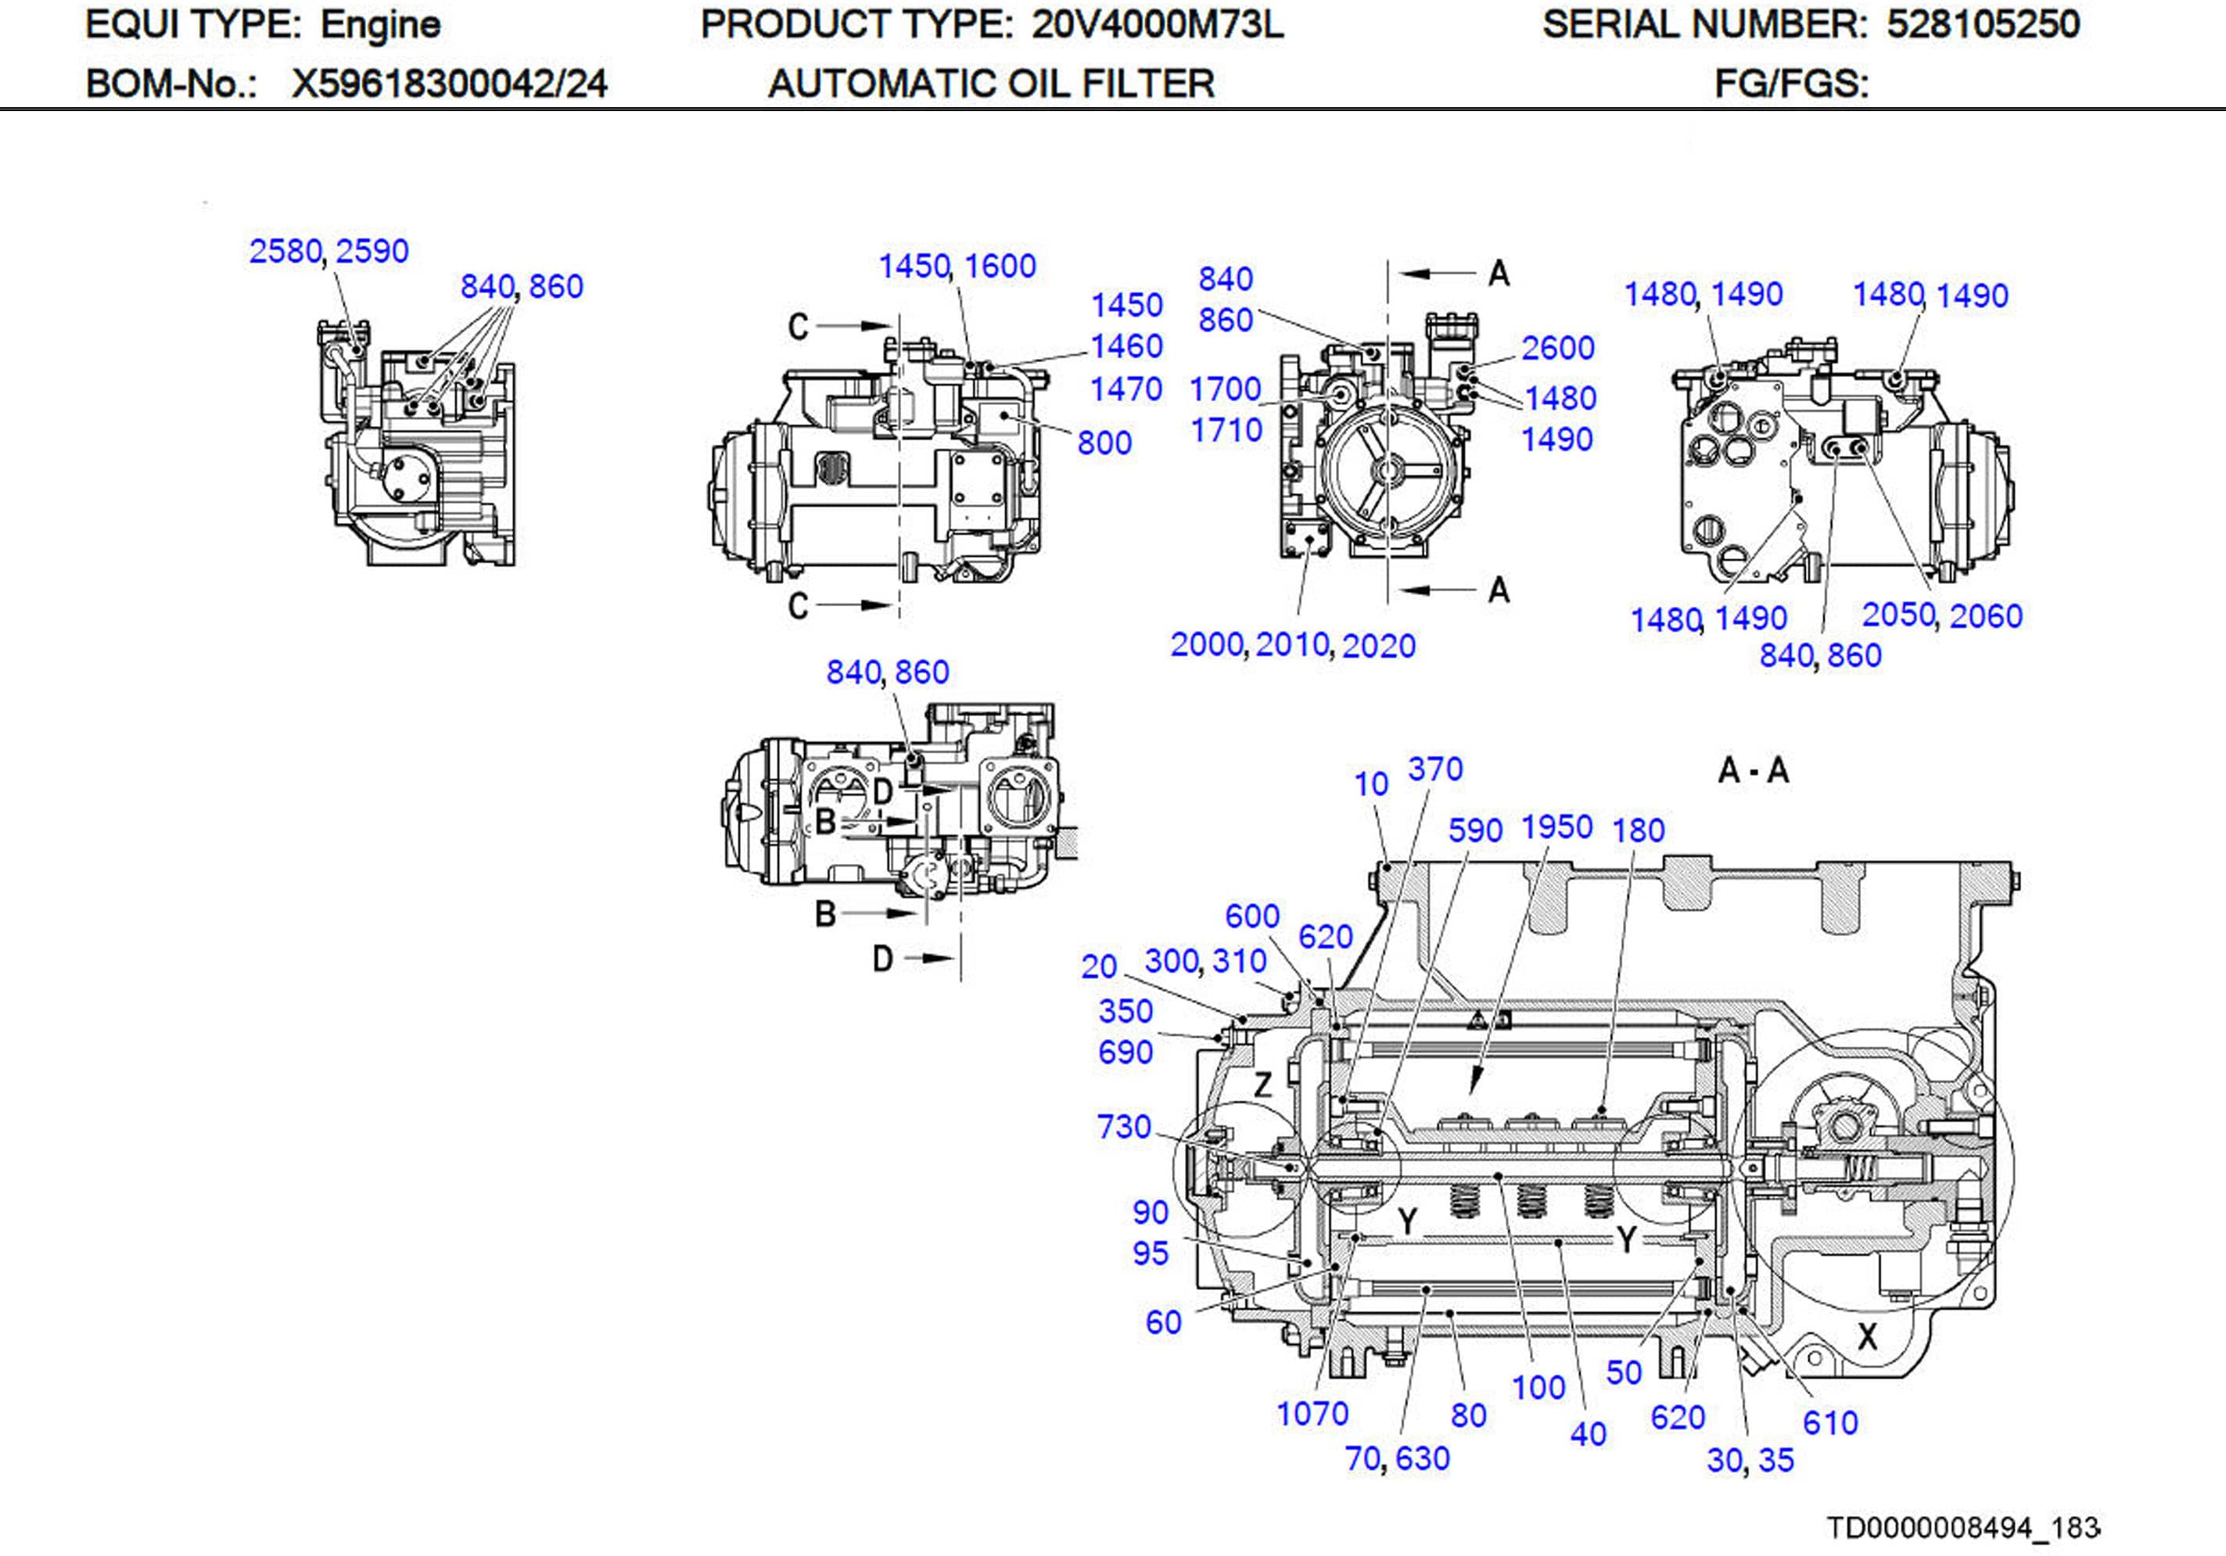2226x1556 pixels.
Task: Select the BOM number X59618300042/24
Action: [449, 84]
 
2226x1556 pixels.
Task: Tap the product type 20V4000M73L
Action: [1157, 24]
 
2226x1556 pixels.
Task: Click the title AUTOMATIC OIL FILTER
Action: [991, 84]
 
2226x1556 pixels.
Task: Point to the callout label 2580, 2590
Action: [329, 251]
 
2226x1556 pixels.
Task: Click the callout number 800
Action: [1104, 443]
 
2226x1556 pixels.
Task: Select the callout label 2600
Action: [1557, 348]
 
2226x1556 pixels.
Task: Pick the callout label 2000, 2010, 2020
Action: [1292, 645]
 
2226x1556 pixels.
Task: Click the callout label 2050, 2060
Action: [1942, 615]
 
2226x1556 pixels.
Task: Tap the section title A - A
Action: [1753, 771]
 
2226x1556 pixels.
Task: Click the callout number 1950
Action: [1556, 827]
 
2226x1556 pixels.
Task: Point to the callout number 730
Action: [1124, 1127]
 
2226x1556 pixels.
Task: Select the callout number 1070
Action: [1312, 1414]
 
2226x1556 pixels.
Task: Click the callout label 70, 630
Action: [1397, 1458]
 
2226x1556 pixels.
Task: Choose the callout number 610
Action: [1829, 1422]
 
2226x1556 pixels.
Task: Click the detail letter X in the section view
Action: [1866, 1337]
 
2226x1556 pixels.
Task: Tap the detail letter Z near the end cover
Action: [1262, 1084]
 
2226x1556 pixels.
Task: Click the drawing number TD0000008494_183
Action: [1962, 1528]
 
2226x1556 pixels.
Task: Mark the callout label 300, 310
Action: [1205, 961]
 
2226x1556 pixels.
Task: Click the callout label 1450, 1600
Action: [957, 266]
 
